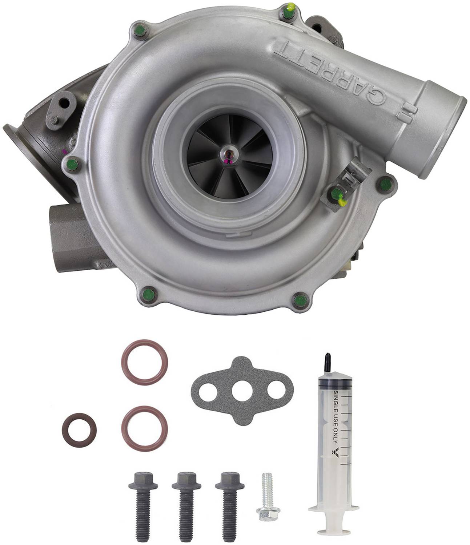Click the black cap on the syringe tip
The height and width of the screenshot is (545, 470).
(328, 362)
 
